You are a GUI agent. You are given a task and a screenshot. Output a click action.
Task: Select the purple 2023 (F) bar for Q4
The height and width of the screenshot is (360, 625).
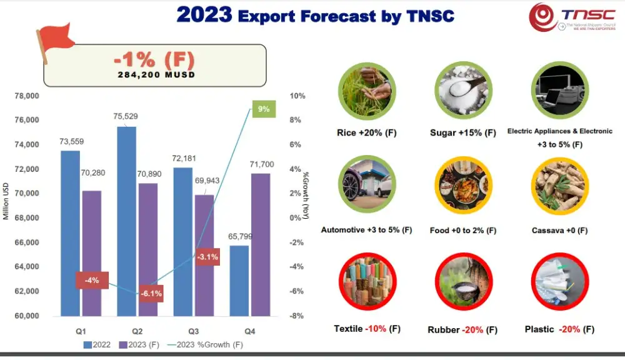pos(261,244)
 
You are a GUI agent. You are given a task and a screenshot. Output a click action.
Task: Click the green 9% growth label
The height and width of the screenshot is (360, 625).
pos(263,109)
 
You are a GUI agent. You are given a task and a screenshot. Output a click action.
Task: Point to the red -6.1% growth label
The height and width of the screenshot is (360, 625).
pos(150,293)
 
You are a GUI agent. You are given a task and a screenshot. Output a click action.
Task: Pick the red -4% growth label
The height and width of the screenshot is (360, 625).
pos(92,280)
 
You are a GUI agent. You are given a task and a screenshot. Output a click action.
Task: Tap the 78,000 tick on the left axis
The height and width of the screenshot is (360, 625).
pos(26,96)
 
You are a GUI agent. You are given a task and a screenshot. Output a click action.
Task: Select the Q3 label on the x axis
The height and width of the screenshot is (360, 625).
pos(194,330)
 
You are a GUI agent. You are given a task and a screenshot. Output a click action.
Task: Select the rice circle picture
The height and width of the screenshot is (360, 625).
pos(366,92)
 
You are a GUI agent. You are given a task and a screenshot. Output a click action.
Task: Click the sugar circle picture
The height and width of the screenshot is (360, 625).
pos(463,92)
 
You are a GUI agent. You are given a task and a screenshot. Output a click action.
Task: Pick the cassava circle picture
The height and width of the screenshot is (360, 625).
pos(559,186)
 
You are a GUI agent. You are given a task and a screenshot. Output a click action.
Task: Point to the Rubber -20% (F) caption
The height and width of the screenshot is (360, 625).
pos(462,329)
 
